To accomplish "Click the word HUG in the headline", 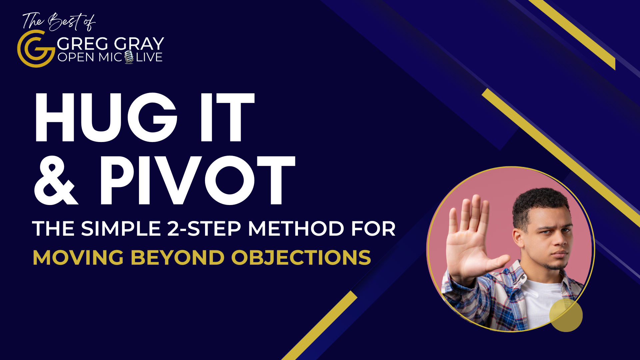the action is pyautogui.click(x=106, y=118).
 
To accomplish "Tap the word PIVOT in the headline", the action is pyautogui.click(x=198, y=180).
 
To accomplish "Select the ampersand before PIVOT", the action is pyautogui.click(x=56, y=180).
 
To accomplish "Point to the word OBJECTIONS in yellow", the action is pyautogui.click(x=301, y=258).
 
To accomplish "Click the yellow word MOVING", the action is pyautogui.click(x=78, y=258).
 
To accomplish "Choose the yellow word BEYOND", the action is pyautogui.click(x=177, y=258).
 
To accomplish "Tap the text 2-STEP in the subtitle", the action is pyautogui.click(x=204, y=229).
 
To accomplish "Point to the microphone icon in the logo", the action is pyautogui.click(x=129, y=57).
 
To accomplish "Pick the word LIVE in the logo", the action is pyautogui.click(x=149, y=57).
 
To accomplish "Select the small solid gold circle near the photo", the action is pyautogui.click(x=566, y=315).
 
